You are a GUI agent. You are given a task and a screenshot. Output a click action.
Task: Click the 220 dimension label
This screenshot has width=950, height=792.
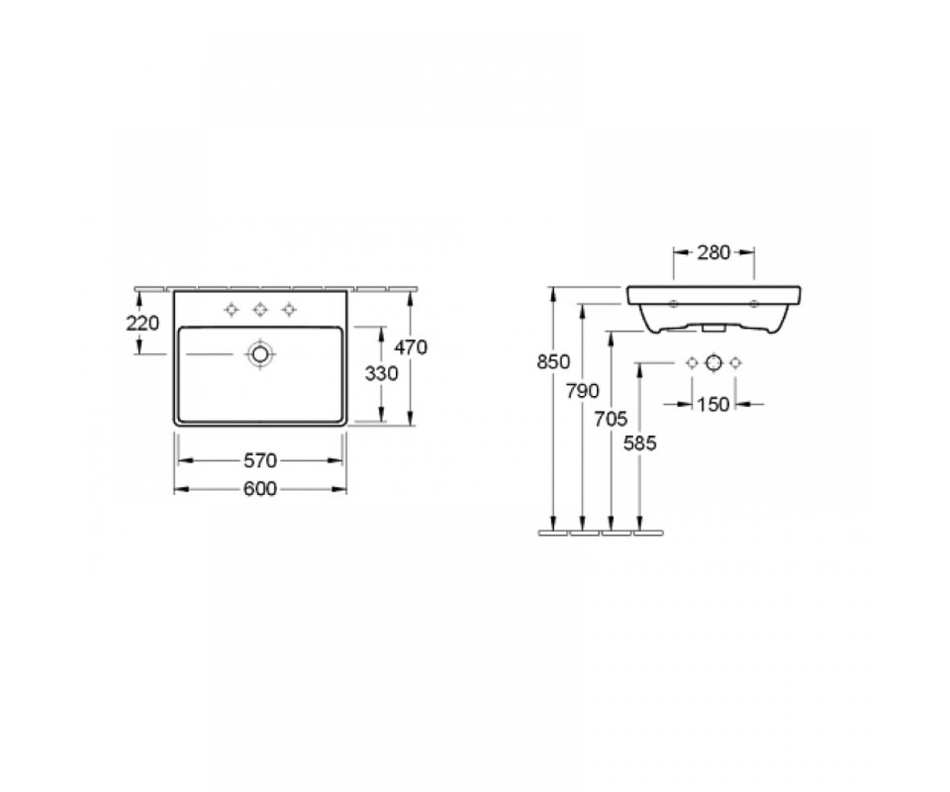pos(142,323)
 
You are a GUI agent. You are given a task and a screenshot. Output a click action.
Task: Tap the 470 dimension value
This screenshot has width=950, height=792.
pos(411,348)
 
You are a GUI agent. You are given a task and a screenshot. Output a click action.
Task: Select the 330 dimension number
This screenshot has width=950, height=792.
pos(382,374)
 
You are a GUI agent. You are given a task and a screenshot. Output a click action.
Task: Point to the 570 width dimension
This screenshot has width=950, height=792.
pos(260,461)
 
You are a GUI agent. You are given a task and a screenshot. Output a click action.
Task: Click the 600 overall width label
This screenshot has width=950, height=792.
pos(260,489)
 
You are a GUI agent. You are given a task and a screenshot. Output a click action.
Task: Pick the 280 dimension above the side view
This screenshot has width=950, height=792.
pos(713,253)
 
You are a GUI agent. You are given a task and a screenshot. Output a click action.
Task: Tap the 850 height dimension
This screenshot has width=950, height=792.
pos(553,362)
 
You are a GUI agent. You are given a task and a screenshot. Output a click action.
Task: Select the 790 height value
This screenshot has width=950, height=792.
pos(583,390)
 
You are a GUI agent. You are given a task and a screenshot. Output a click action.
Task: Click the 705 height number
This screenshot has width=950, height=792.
pos(610,419)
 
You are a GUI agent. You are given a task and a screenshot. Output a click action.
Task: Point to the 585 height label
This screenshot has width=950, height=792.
pos(640,443)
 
